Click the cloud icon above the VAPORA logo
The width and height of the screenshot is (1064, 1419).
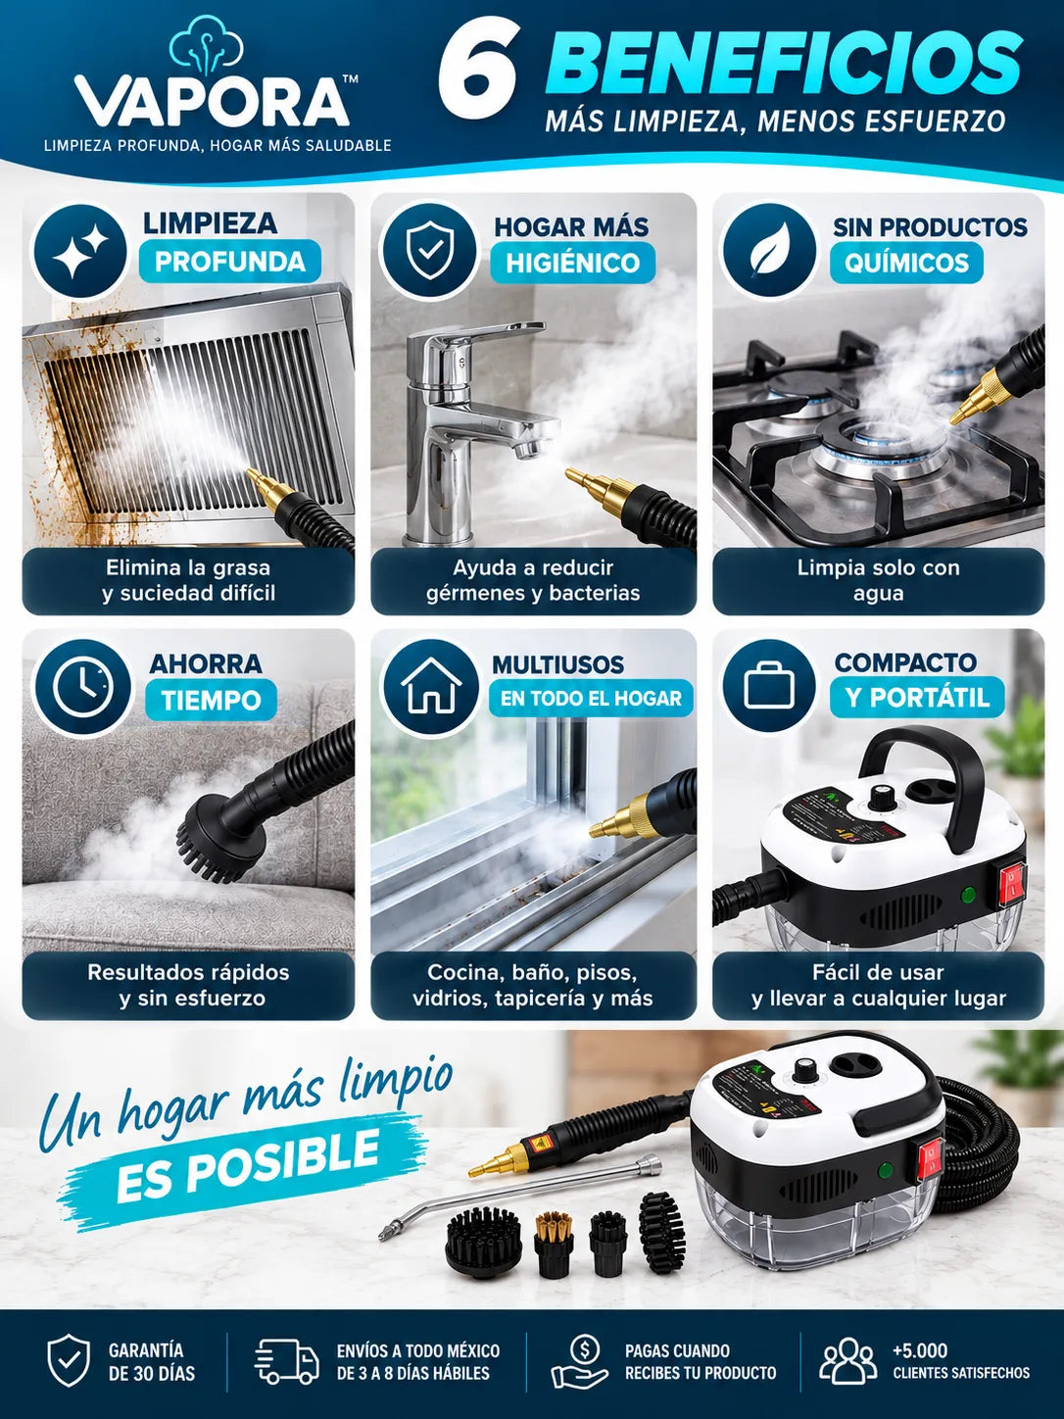pyautogui.click(x=207, y=46)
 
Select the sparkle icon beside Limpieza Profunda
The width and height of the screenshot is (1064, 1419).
pyautogui.click(x=80, y=250)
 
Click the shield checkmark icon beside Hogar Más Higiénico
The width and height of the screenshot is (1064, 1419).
pyautogui.click(x=428, y=251)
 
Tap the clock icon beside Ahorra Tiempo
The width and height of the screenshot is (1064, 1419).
pyautogui.click(x=81, y=687)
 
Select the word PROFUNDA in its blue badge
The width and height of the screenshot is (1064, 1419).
pyautogui.click(x=230, y=262)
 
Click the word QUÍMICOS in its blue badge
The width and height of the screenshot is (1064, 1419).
pyautogui.click(x=906, y=262)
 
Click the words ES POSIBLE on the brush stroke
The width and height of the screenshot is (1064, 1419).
pyautogui.click(x=248, y=1163)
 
